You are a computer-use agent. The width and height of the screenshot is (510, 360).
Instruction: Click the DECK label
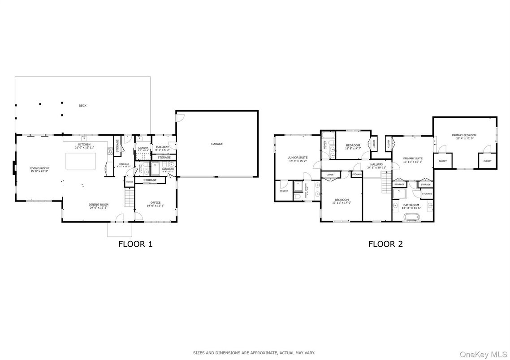(x=82, y=106)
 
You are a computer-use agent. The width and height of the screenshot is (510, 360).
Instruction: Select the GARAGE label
(x=217, y=144)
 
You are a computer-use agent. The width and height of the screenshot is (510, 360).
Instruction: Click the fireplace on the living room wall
(x=14, y=168)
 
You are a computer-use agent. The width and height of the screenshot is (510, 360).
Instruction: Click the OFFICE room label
(x=156, y=203)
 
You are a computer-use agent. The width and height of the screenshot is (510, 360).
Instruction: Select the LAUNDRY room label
(x=143, y=148)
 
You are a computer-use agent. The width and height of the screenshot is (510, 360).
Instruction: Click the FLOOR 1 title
(x=135, y=244)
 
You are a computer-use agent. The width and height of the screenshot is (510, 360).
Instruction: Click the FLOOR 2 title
(x=385, y=244)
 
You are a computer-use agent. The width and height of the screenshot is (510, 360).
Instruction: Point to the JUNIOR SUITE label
(x=297, y=158)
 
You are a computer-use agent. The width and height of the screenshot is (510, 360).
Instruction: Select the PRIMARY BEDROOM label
(x=464, y=135)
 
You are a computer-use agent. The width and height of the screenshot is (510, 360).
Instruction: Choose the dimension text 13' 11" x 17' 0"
(x=341, y=203)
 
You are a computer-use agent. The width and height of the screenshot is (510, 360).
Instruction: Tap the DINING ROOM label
(x=99, y=205)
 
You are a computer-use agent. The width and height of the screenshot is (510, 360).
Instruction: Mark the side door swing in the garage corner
(x=180, y=116)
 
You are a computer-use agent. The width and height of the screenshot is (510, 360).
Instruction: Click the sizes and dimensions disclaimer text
(x=254, y=353)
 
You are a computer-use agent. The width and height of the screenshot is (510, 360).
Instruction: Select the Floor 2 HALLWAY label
(x=376, y=164)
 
